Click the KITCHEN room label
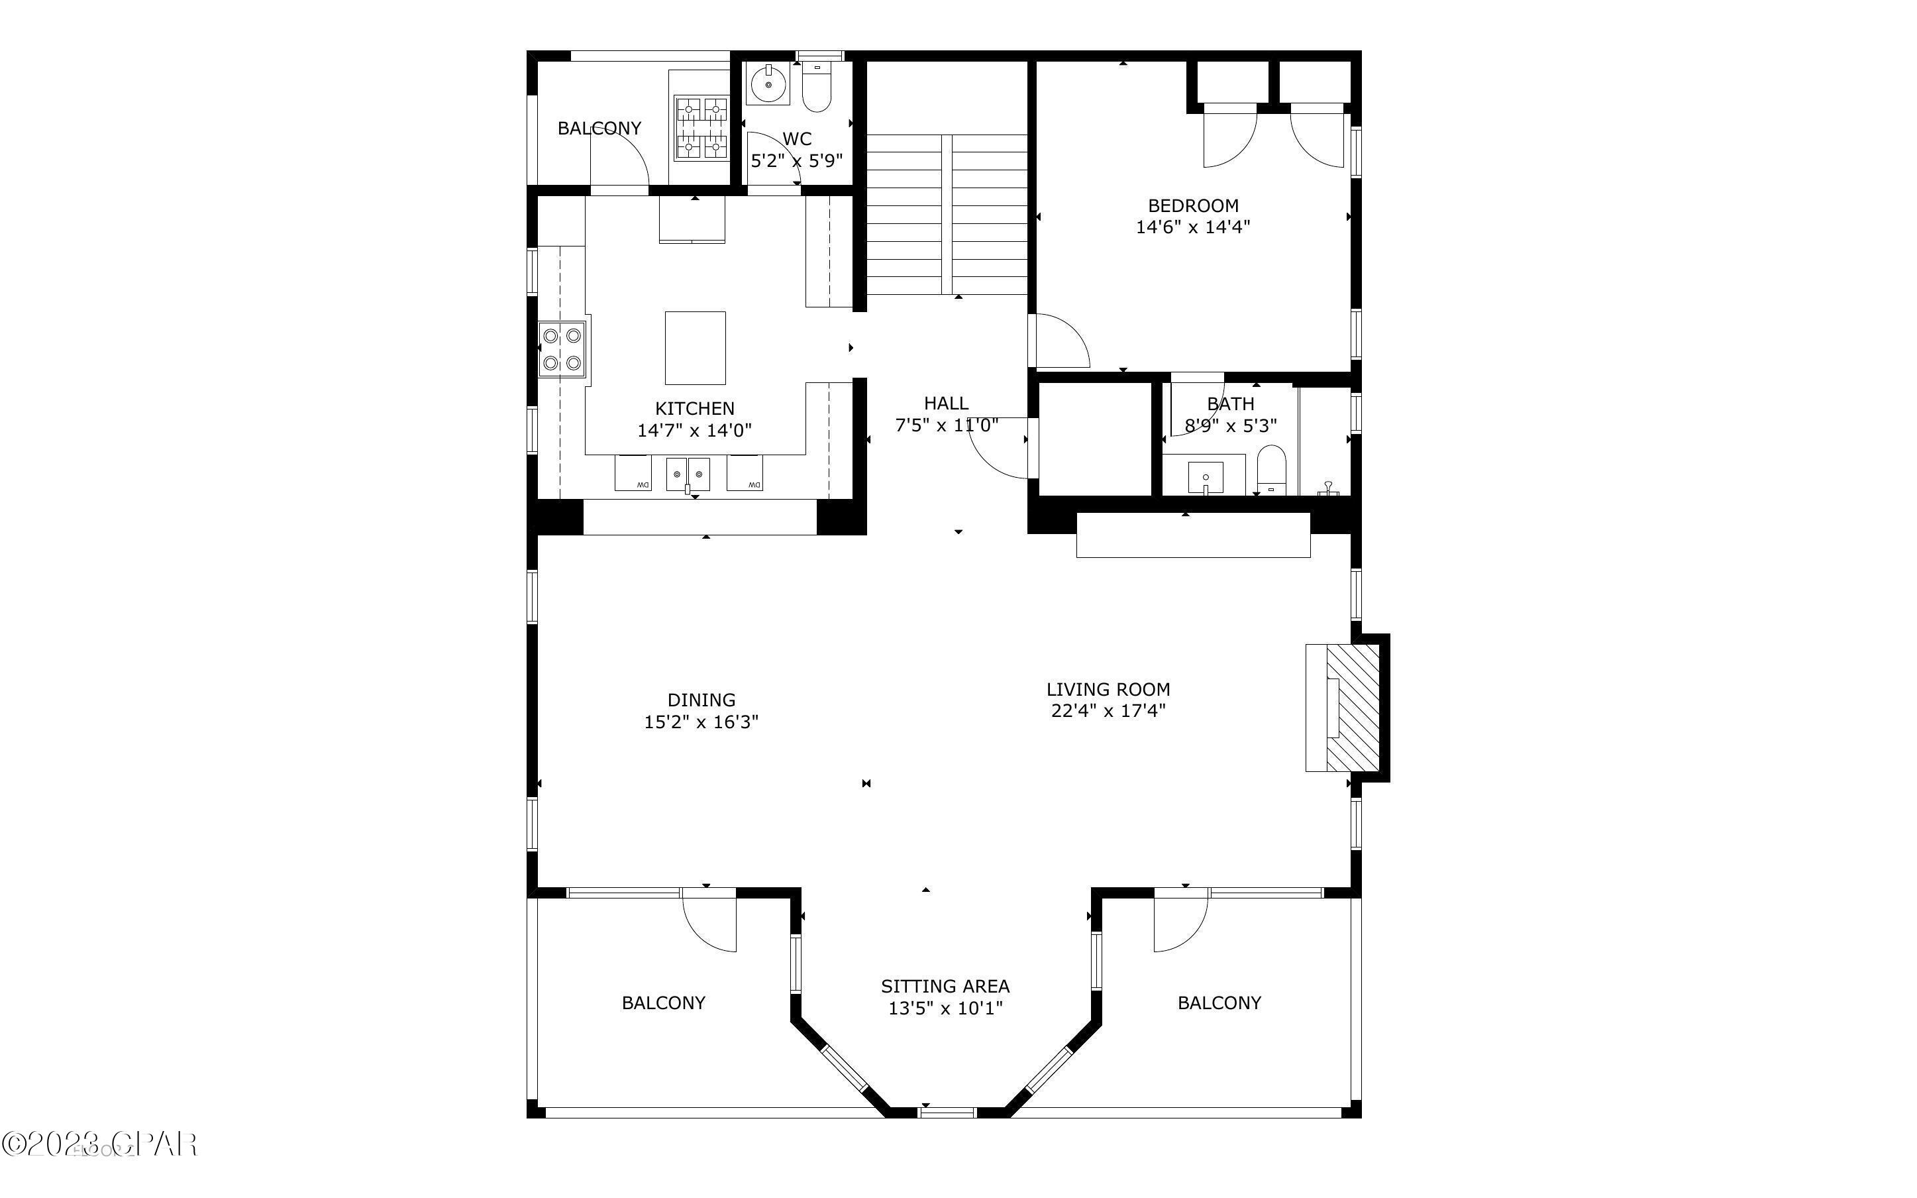(694, 409)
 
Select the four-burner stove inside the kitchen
(562, 349)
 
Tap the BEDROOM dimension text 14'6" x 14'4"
(1192, 227)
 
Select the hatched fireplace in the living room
(1353, 708)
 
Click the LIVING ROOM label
(1108, 689)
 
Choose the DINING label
(701, 700)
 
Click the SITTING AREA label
(945, 987)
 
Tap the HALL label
(946, 404)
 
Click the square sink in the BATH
(1205, 478)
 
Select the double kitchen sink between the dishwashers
(688, 474)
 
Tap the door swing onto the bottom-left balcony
(711, 923)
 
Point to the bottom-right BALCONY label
(1219, 1003)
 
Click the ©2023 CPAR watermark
(99, 1144)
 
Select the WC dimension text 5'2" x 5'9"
(797, 161)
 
